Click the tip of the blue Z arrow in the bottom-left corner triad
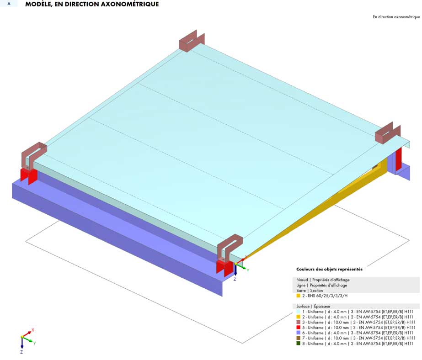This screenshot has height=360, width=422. pos(22,349)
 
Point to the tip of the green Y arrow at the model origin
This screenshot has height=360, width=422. pos(246,268)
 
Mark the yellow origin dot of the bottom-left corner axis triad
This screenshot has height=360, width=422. pos(22,337)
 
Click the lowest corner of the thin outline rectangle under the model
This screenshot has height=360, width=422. pos(242,344)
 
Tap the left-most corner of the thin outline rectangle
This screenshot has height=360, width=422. pos(26,241)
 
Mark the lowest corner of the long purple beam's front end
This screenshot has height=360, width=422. pos(222,296)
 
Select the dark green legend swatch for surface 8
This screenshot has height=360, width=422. pos(298,344)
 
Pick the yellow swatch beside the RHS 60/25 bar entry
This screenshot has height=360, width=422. pos(298,296)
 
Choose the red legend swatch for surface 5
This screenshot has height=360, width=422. pos(298,328)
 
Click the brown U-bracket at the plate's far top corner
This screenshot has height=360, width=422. pos(192,40)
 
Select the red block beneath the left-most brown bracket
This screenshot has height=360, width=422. pos(29,176)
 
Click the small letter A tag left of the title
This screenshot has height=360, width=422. pos(9,4)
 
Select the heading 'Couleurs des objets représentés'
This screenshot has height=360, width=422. pos(329,269)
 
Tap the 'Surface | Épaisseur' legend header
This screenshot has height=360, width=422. pos(313,306)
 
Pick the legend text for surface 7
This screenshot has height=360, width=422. pos(358,338)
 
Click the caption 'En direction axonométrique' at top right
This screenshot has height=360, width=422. pos(396,17)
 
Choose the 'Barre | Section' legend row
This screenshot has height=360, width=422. pos(310,291)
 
